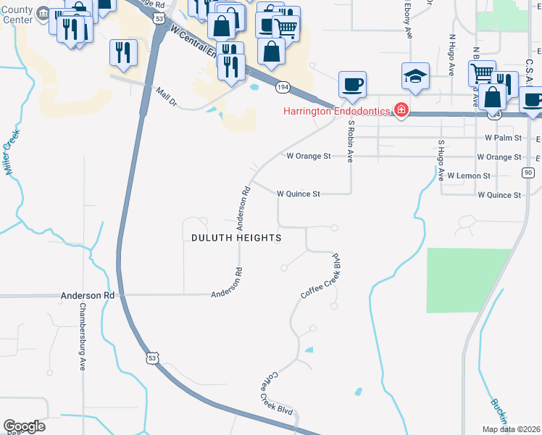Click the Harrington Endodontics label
337,111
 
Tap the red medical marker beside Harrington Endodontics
400,111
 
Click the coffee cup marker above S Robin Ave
352,85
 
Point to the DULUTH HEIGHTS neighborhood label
235,237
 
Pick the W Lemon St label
469,175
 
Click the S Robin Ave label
351,141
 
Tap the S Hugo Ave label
440,159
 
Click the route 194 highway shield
283,87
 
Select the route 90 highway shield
528,172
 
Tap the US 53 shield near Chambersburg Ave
151,357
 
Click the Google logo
24,426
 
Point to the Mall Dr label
166,96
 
